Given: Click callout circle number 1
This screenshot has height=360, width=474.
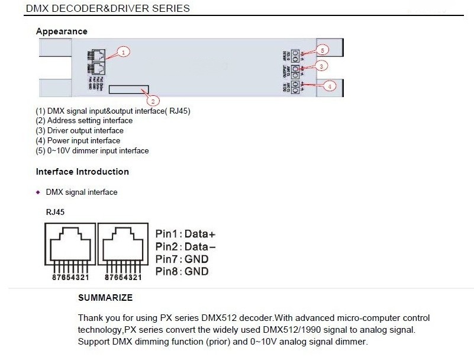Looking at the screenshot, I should pyautogui.click(x=122, y=52).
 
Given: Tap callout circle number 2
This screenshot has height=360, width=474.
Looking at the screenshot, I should pyautogui.click(x=152, y=101).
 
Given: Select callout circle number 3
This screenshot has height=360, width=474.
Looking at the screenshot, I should pyautogui.click(x=320, y=66).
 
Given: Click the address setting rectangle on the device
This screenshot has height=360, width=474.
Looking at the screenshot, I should pyautogui.click(x=127, y=89).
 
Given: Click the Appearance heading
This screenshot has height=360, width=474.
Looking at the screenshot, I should pyautogui.click(x=62, y=31).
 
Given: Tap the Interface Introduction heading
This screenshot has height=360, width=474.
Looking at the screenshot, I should pyautogui.click(x=82, y=172).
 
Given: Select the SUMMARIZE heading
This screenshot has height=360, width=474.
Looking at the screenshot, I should pyautogui.click(x=105, y=297).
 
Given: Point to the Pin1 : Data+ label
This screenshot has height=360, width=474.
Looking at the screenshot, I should pyautogui.click(x=185, y=234).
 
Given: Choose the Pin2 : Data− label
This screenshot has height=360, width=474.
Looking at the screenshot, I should pyautogui.click(x=185, y=246).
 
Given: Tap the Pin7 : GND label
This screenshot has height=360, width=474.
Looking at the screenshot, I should pyautogui.click(x=182, y=259).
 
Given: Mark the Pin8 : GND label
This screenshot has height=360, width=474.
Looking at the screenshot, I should pyautogui.click(x=182, y=271).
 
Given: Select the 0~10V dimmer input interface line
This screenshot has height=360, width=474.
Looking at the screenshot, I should pyautogui.click(x=92, y=150).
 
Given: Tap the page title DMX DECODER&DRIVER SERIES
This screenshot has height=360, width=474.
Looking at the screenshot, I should pyautogui.click(x=108, y=8).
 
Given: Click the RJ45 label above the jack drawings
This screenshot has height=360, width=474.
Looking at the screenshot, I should pyautogui.click(x=55, y=211).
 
